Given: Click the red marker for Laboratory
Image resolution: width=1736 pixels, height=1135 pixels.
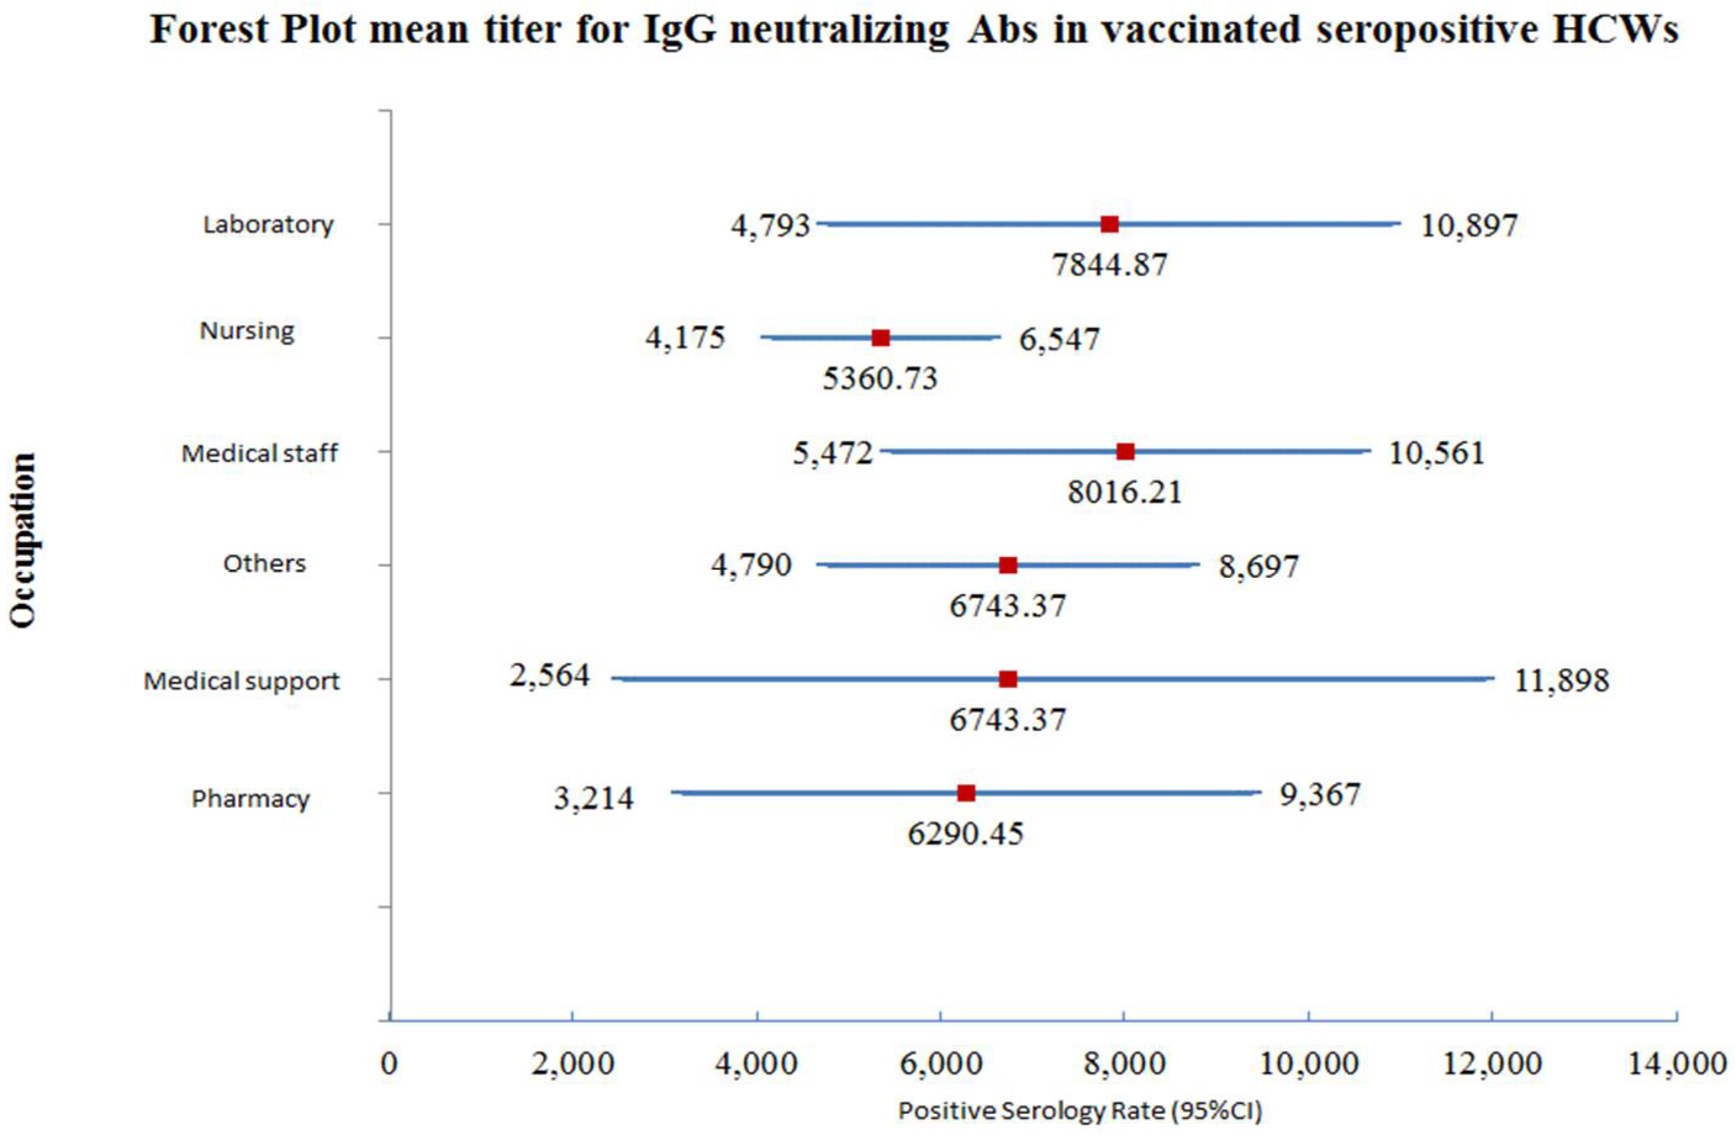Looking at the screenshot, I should click(1109, 224).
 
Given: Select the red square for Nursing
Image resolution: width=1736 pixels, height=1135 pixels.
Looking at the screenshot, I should click(881, 338).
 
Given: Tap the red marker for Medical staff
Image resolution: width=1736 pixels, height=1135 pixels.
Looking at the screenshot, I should click(1125, 452).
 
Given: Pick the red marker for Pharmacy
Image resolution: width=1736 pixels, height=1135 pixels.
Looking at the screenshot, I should click(966, 793).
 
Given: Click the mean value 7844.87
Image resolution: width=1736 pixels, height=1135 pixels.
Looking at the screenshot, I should click(1109, 264).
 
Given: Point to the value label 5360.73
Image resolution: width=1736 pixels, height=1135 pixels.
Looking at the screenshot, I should click(881, 379).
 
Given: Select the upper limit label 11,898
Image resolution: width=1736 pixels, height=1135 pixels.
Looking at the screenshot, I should click(1561, 681).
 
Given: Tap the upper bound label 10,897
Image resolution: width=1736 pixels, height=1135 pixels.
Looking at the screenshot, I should click(1469, 225).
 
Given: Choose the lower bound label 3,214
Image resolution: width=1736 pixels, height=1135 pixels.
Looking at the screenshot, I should click(594, 799).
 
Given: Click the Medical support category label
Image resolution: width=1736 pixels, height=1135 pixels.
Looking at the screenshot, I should click(241, 681).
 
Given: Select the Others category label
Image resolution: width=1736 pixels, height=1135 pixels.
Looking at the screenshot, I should click(264, 564).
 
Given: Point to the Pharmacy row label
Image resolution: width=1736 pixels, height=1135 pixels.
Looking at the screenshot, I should click(250, 799).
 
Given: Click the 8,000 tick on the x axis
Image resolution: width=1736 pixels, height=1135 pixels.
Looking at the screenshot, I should click(1124, 1064).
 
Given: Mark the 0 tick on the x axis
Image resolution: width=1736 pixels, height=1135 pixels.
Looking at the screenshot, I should click(390, 1064).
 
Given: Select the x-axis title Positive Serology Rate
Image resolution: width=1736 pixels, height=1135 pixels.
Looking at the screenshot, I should click(1080, 1111).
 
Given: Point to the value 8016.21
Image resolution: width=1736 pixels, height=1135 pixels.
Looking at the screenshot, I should click(1125, 492).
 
